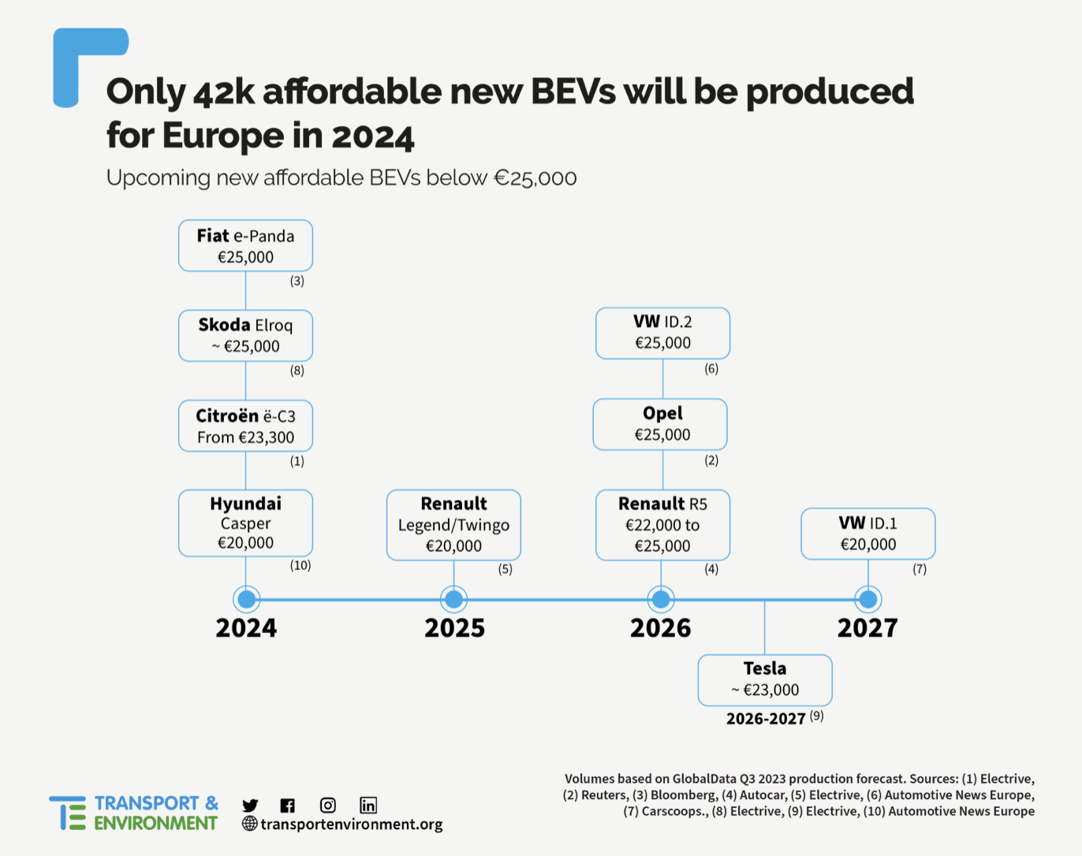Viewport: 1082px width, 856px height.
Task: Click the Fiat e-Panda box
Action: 245,246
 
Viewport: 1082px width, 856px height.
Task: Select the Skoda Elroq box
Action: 245,336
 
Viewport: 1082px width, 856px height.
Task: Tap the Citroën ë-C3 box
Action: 245,426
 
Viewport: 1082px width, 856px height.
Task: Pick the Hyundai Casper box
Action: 245,523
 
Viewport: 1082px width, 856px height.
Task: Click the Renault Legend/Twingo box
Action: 453,525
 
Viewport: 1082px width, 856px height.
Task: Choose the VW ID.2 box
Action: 662,333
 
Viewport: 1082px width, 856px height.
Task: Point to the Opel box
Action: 660,424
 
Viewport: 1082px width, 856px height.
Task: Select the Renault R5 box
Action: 662,525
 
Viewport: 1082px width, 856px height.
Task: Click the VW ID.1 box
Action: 867,534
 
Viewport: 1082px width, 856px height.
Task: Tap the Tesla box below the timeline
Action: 764,679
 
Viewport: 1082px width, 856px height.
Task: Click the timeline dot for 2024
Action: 246,599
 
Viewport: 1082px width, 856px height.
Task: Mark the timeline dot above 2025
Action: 453,599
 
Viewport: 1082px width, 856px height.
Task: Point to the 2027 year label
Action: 867,628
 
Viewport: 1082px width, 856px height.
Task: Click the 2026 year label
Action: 660,628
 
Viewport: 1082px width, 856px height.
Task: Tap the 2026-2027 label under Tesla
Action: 766,719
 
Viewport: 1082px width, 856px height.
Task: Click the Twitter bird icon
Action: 250,805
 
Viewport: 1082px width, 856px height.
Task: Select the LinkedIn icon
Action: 368,805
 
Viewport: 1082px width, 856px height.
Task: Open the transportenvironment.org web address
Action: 351,824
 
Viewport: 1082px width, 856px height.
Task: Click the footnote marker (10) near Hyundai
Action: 300,565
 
